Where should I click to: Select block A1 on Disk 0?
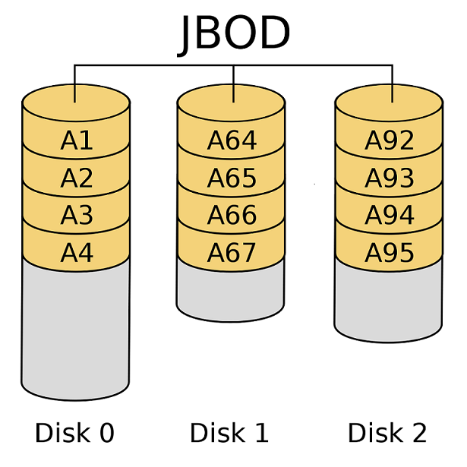76,141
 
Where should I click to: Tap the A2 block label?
76,178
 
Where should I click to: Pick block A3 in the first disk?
76,216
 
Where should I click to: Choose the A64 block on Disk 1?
232,141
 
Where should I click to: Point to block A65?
232,178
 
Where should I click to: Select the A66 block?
232,216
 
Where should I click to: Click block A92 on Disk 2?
389,141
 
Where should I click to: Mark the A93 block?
389,178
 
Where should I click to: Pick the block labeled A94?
389,216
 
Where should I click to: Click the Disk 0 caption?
74,433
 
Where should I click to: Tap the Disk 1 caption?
229,433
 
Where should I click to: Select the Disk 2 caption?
387,433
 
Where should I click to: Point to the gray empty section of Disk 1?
232,289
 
